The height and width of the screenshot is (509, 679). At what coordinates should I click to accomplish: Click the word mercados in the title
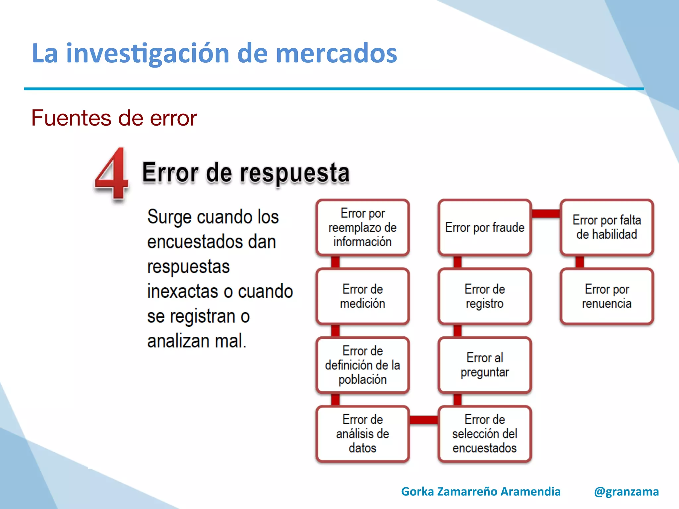tap(336, 53)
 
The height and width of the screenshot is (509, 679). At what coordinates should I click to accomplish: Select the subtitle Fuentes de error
tap(114, 118)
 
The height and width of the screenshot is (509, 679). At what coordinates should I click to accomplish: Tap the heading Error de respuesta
tap(245, 173)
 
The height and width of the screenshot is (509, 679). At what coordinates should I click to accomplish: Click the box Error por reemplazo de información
tap(362, 227)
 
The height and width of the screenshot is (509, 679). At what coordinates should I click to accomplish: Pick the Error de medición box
tap(362, 296)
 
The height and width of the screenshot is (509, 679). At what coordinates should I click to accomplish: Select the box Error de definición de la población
tap(362, 365)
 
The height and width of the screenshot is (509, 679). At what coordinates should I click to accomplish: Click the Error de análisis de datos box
tap(362, 433)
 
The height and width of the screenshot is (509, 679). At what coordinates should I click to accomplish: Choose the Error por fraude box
tap(484, 227)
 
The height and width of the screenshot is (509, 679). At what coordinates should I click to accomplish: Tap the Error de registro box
tap(484, 296)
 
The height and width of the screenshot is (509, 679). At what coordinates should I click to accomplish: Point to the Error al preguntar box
tap(484, 365)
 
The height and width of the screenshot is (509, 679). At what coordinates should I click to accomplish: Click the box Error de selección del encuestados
tap(484, 433)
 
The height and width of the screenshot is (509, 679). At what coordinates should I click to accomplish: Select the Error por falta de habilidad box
tap(606, 227)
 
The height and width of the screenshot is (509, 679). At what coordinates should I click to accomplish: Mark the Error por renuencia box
tap(606, 296)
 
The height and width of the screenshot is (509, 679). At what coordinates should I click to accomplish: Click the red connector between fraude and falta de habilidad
tap(546, 213)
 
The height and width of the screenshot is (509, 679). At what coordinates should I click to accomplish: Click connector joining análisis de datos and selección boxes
tap(423, 420)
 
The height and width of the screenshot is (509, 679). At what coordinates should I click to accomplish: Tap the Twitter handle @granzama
tap(626, 491)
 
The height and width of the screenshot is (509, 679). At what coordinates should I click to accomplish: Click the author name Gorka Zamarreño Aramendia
tap(480, 491)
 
